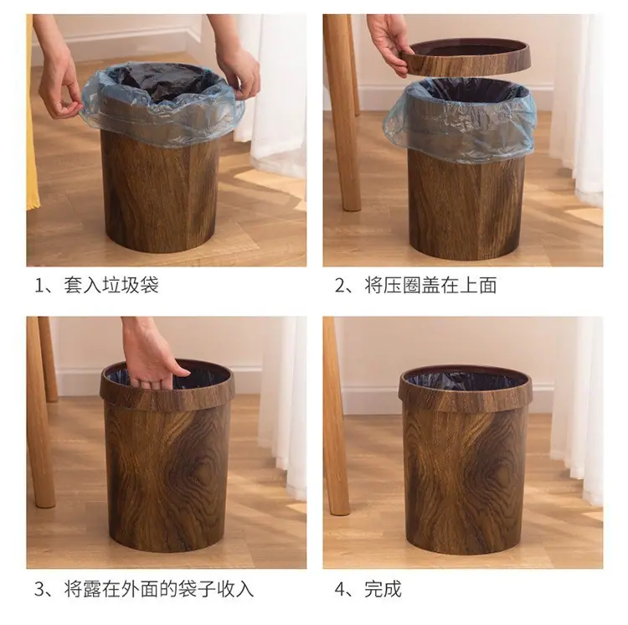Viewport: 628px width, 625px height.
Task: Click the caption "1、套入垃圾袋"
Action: point(97,285)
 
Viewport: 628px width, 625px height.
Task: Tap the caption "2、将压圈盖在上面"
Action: point(415,285)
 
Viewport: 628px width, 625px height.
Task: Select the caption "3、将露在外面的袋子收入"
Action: point(144,589)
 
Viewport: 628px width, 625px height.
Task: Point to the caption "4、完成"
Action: point(368,589)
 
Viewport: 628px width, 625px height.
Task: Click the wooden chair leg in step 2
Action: point(342,112)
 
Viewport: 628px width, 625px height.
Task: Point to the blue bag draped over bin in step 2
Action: point(461,120)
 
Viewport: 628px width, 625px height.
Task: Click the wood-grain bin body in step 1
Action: point(160,193)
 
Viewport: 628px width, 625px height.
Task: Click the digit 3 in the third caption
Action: point(39,590)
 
